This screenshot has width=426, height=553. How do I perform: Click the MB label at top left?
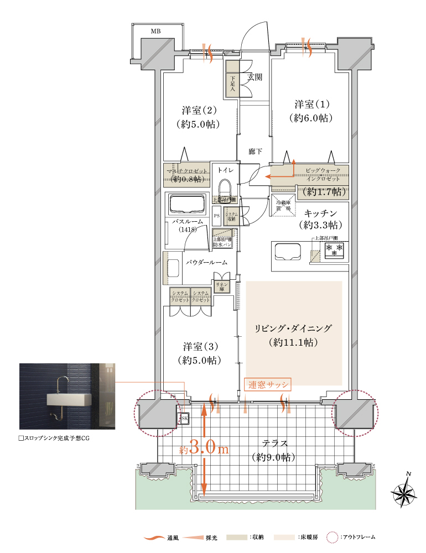156,32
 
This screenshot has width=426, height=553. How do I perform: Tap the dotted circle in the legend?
332,537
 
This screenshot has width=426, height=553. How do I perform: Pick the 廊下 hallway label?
255,151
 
